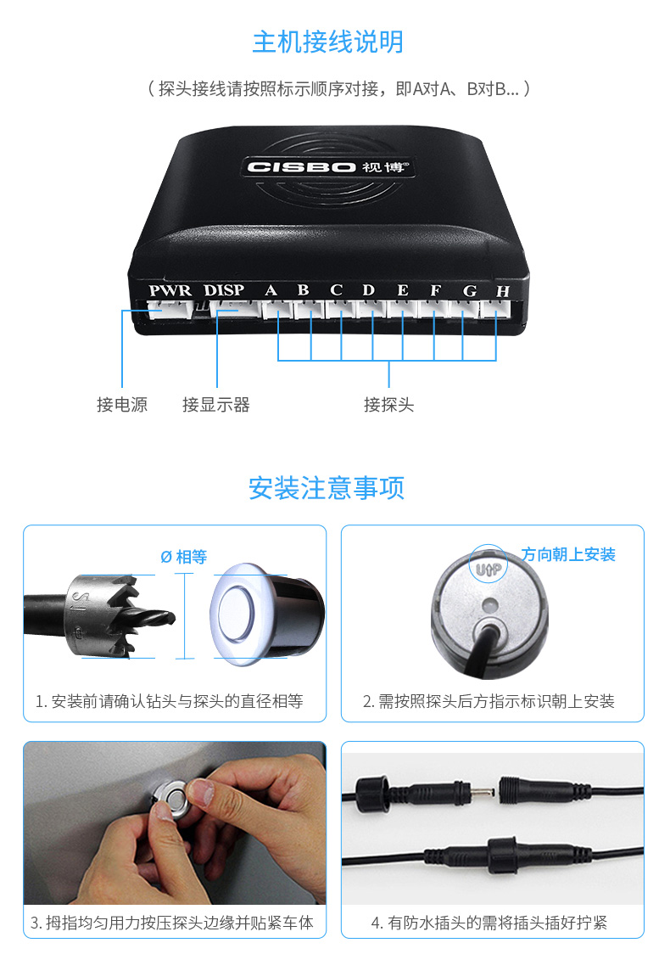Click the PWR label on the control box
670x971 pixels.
click(170, 289)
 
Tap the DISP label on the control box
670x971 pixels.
click(224, 289)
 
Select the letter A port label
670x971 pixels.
click(271, 289)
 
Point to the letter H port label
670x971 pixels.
click(502, 290)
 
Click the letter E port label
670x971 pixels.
click(403, 289)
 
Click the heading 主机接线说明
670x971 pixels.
click(328, 42)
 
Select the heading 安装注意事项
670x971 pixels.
click(327, 488)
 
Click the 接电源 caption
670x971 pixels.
click(122, 404)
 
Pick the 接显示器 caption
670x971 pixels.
click(216, 404)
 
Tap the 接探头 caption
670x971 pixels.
click(388, 404)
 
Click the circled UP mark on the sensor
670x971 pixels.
click(489, 567)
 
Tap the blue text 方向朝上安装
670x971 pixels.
click(568, 554)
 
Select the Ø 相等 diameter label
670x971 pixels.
click(184, 557)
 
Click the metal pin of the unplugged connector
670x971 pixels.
click(483, 791)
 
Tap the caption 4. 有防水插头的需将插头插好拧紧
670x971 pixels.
click(489, 923)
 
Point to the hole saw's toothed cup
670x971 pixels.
click(102, 615)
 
